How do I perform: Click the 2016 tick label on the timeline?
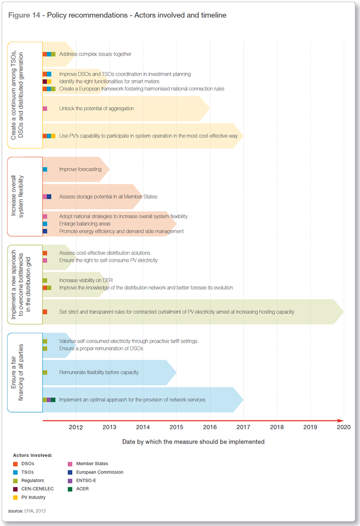tap(210, 427)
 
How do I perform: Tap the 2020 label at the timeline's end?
tap(344, 427)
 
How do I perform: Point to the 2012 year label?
tap(76, 427)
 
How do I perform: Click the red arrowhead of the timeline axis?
tap(340, 420)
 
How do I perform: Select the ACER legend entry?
tap(79, 489)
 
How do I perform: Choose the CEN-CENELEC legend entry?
tap(33, 489)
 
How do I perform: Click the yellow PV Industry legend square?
tap(15, 498)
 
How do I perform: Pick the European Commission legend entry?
tap(96, 472)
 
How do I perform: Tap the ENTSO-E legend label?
tap(86, 480)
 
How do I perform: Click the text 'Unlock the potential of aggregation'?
tap(97, 109)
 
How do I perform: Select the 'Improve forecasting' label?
tap(80, 169)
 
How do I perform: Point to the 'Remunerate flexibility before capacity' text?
tap(99, 372)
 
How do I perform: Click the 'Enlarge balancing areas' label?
tap(85, 223)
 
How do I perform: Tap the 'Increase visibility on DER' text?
tap(86, 280)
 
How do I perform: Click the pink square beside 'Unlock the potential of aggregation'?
tap(45, 109)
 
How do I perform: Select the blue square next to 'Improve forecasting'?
tap(45, 169)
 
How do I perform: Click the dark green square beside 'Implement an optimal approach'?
tap(53, 400)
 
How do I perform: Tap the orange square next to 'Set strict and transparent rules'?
tap(45, 312)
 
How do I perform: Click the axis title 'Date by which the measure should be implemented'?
tap(193, 442)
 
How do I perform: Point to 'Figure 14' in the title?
tap(24, 15)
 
